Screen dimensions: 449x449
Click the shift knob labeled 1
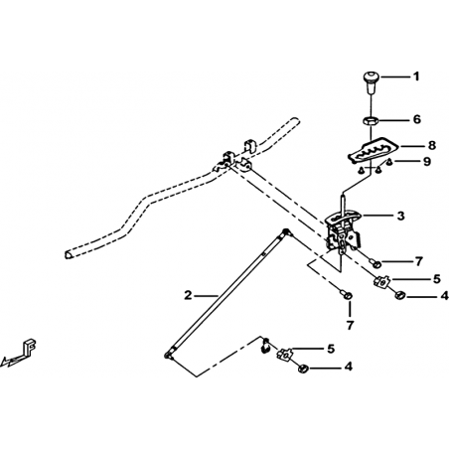pos(372,82)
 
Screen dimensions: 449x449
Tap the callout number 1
pos(416,76)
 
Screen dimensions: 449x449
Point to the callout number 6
pos(417,119)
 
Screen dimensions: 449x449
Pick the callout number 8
pos(431,145)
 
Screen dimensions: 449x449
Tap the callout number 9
pos(427,162)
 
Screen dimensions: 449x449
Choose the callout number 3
pos(401,216)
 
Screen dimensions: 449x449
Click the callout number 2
pos(188,295)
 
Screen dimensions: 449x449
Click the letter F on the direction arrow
pos(30,347)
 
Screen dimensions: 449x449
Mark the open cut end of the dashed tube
pos(68,254)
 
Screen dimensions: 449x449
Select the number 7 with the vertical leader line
pos(351,326)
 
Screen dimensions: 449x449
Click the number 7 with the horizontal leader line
pos(419,261)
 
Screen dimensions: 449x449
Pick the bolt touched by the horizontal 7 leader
pos(375,263)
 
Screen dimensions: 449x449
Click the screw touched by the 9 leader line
pos(390,162)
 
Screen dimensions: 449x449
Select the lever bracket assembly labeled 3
pos(343,231)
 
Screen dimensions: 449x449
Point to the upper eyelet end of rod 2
pos(286,232)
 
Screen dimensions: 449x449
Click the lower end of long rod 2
pos(168,356)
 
